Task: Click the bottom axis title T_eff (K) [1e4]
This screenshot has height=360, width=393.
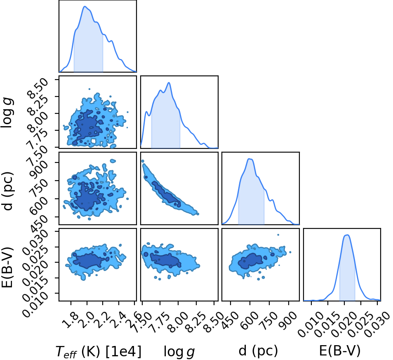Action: [x=99, y=351]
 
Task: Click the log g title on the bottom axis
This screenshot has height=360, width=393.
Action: [x=179, y=351]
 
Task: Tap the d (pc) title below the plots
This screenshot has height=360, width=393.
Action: [x=258, y=351]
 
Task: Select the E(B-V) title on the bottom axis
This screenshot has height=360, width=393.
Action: [x=340, y=351]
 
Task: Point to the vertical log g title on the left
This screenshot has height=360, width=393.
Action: [x=7, y=113]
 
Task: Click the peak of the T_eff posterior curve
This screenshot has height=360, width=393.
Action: [x=85, y=7]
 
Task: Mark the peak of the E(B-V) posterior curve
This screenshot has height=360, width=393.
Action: [x=347, y=235]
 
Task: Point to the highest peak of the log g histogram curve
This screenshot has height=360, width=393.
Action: [x=169, y=82]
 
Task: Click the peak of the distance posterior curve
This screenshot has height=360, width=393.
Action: [x=249, y=159]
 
